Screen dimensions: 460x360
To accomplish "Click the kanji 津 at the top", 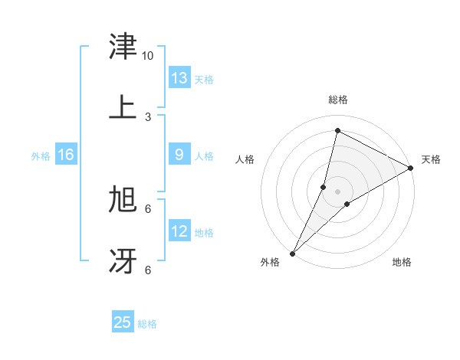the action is pos(123,47).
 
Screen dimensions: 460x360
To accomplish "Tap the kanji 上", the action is pos(123,107).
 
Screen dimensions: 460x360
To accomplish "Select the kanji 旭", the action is pos(123,200).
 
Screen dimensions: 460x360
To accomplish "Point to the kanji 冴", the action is pos(123,260).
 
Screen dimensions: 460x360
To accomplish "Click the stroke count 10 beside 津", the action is pos(148,56).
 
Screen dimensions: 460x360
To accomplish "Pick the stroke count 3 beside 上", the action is pos(148,116).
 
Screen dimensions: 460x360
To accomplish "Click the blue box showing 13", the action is pos(179,78).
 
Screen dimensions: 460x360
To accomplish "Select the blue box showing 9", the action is pos(179,155).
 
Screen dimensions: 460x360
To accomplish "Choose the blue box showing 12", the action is pos(179,231).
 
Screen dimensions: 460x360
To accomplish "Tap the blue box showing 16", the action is pos(66,155).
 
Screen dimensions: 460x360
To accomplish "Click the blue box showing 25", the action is pos(123,322).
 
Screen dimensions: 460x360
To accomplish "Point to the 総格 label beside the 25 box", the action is pos(147,324).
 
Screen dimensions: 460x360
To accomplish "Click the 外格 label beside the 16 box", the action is pos(41,156).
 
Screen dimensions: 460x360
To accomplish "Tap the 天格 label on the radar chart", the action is pos(431,159).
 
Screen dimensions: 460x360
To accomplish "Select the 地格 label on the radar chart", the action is pos(402,262).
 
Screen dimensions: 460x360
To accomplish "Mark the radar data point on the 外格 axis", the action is pos(292,253).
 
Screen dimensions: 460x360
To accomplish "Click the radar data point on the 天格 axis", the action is pos(411,168).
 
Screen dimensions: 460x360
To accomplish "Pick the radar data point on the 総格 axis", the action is pos(337,130).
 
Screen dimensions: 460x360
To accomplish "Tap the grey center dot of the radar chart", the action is pos(337,191).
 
